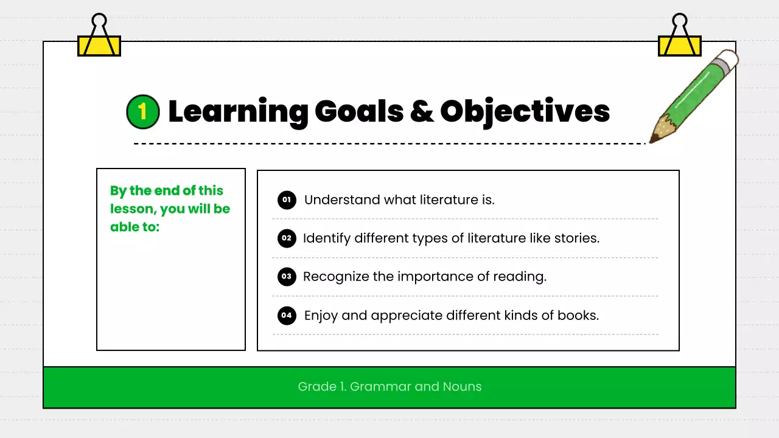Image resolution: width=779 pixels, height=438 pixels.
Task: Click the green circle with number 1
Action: click(x=142, y=111)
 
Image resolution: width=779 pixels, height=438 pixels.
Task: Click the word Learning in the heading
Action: click(x=238, y=112)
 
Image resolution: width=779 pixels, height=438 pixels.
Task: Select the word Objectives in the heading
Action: click(x=525, y=112)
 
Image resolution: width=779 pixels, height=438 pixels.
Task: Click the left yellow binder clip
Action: click(x=99, y=38)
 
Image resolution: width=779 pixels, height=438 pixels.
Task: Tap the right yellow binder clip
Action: click(x=680, y=38)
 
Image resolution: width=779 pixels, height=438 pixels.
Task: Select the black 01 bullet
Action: click(x=287, y=200)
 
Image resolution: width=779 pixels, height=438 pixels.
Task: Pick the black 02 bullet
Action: click(x=287, y=238)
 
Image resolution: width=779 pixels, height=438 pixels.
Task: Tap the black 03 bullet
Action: click(x=287, y=277)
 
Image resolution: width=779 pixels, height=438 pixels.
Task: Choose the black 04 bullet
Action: click(x=287, y=316)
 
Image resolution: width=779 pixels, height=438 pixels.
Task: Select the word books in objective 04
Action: click(x=577, y=316)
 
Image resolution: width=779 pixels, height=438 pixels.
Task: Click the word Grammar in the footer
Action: click(x=382, y=386)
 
